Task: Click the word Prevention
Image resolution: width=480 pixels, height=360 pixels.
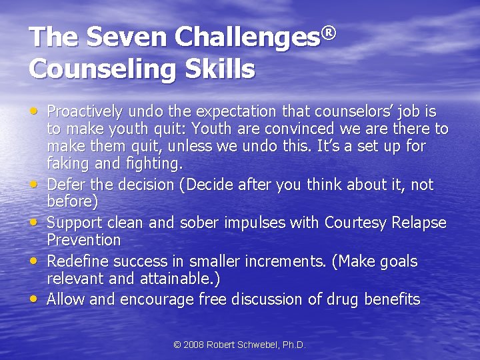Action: (x=84, y=239)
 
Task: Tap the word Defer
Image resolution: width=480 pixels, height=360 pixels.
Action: (x=67, y=185)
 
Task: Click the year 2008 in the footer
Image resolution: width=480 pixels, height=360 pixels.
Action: (x=194, y=345)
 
